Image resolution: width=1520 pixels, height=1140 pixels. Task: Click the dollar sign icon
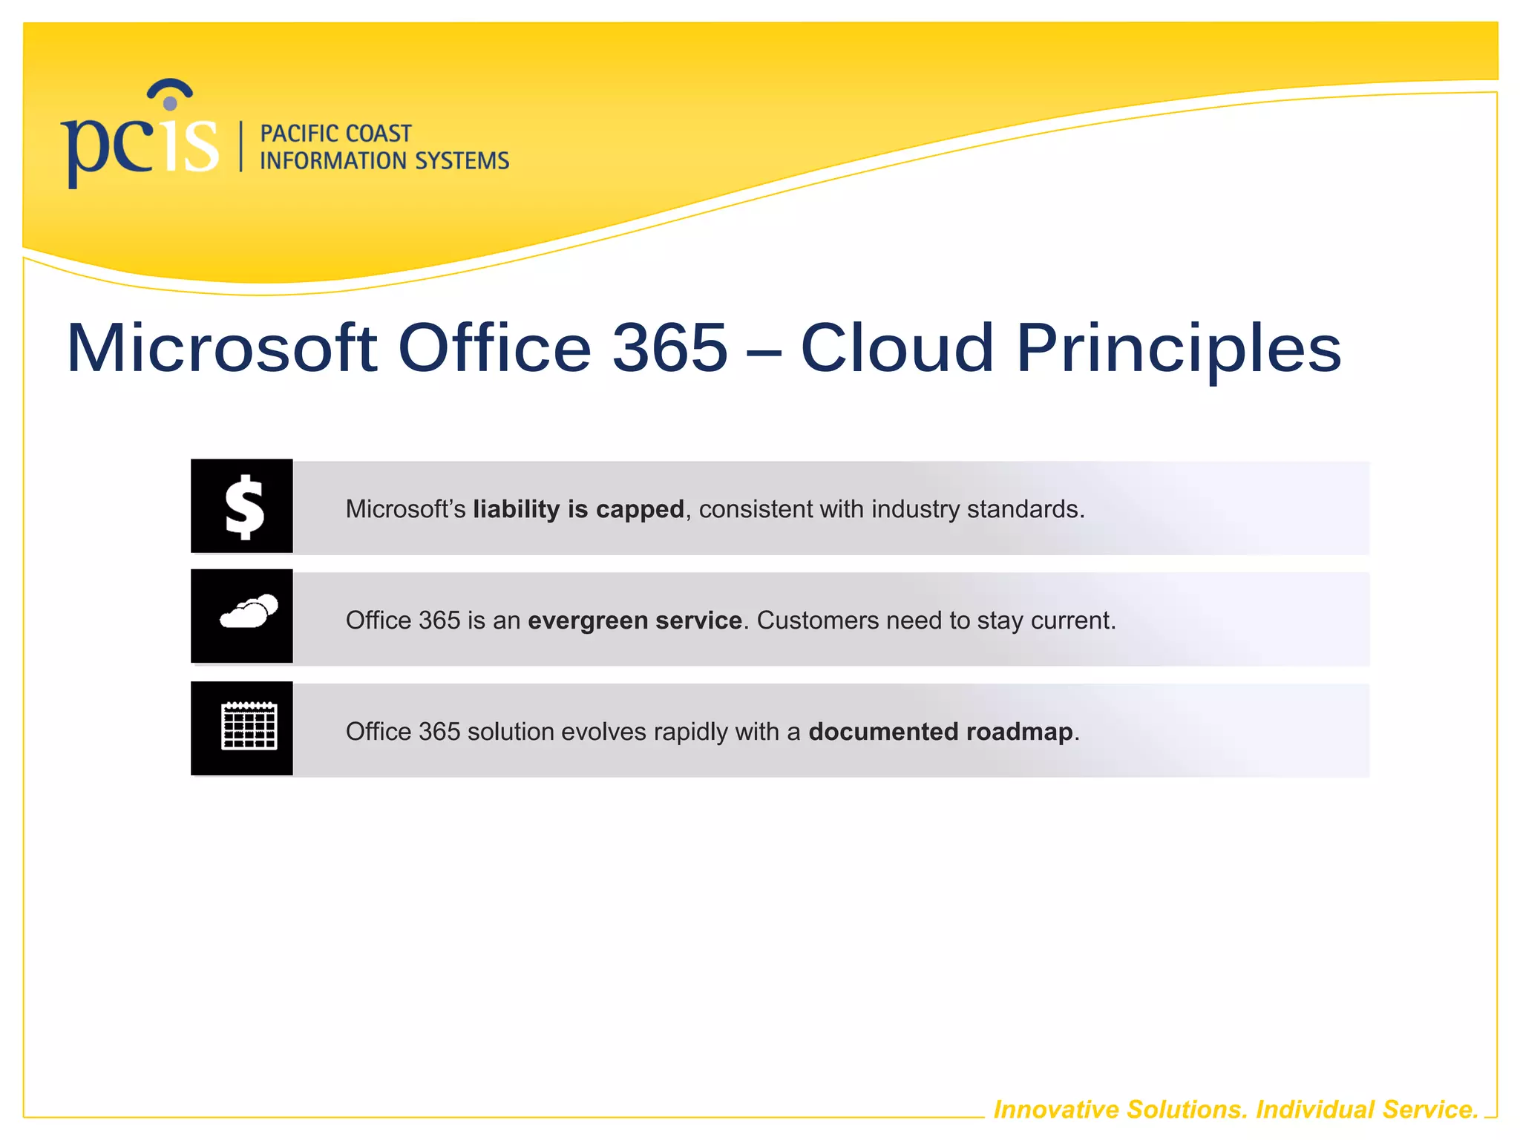tap(243, 506)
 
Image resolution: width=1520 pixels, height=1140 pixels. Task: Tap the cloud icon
tap(249, 613)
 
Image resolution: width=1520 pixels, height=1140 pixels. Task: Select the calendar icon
tap(249, 726)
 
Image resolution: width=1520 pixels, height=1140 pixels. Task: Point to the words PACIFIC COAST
tap(335, 134)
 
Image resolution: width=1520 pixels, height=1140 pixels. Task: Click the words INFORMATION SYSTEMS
tap(384, 161)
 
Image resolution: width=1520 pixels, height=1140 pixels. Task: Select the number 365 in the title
tap(669, 348)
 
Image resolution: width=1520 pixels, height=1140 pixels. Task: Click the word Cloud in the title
tap(896, 348)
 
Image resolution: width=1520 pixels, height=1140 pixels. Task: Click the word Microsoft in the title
tap(222, 348)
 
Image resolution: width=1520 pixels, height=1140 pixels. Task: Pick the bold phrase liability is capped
tap(578, 509)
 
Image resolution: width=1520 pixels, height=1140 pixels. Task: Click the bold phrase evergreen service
tap(635, 620)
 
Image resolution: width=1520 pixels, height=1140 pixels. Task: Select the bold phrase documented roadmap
tap(940, 732)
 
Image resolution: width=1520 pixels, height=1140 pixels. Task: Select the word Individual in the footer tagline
tap(1315, 1110)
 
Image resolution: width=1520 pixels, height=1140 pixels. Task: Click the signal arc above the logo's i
tap(170, 88)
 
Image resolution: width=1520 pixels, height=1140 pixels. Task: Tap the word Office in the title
tap(494, 348)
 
